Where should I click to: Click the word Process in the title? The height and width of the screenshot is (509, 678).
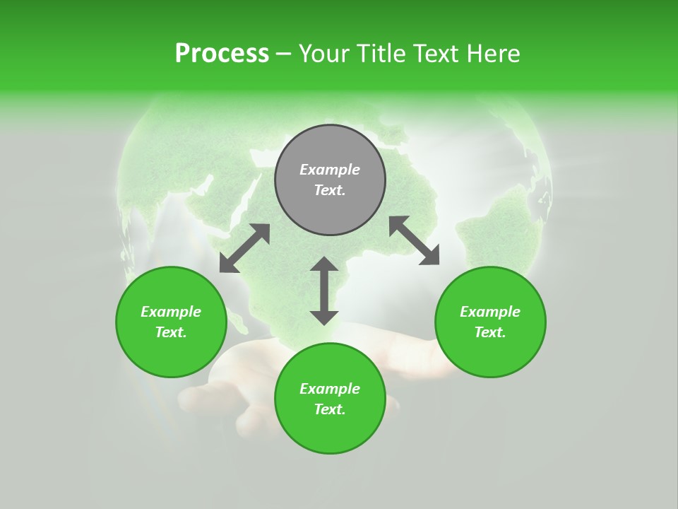[x=222, y=53]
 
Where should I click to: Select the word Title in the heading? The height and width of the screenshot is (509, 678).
[x=382, y=53]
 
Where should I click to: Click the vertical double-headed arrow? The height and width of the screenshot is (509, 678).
[x=324, y=291]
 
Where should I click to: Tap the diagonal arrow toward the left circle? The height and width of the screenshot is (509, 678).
[x=244, y=248]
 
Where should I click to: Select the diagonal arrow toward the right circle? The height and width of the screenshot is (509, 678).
[x=414, y=240]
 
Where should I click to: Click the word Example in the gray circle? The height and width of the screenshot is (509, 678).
[x=330, y=170]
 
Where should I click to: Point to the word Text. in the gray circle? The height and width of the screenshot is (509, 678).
[x=330, y=190]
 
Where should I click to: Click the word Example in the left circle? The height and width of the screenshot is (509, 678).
[x=171, y=312]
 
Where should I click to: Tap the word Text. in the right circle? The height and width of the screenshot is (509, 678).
[x=490, y=332]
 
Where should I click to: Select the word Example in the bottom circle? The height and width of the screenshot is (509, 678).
[x=330, y=389]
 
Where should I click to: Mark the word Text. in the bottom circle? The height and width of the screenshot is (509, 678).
[x=330, y=409]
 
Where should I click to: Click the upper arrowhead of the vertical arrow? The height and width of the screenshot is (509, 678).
[x=324, y=265]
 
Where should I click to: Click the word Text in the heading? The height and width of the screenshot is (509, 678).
[x=436, y=53]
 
